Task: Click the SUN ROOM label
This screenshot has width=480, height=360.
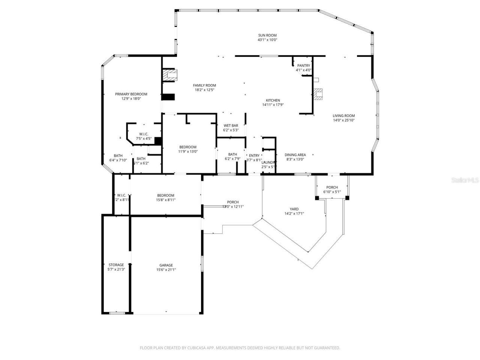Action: click(x=267, y=35)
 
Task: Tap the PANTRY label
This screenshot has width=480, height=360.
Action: click(x=303, y=66)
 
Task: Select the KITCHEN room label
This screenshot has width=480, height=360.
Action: click(x=273, y=100)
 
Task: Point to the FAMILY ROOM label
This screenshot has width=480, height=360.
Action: click(x=204, y=85)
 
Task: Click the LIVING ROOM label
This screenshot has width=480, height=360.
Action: click(x=343, y=116)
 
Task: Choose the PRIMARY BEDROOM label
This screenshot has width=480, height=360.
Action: click(x=131, y=94)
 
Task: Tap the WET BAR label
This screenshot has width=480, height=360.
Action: click(x=231, y=126)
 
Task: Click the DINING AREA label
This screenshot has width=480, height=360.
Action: click(x=295, y=155)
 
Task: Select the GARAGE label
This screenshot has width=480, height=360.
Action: click(x=166, y=265)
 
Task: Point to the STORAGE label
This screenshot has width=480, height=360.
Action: click(x=116, y=265)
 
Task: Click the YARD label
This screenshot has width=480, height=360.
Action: click(x=294, y=209)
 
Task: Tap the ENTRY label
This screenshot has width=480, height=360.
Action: click(x=254, y=156)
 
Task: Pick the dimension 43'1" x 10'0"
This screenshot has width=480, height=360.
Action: click(x=267, y=40)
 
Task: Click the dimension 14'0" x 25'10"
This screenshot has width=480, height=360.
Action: click(x=343, y=120)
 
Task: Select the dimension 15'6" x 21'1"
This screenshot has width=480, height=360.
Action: click(x=166, y=270)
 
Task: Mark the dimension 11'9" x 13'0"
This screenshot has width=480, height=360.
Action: click(x=187, y=151)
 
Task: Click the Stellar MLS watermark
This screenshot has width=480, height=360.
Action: click(x=465, y=180)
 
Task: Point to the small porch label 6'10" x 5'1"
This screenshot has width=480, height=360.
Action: click(x=332, y=192)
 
